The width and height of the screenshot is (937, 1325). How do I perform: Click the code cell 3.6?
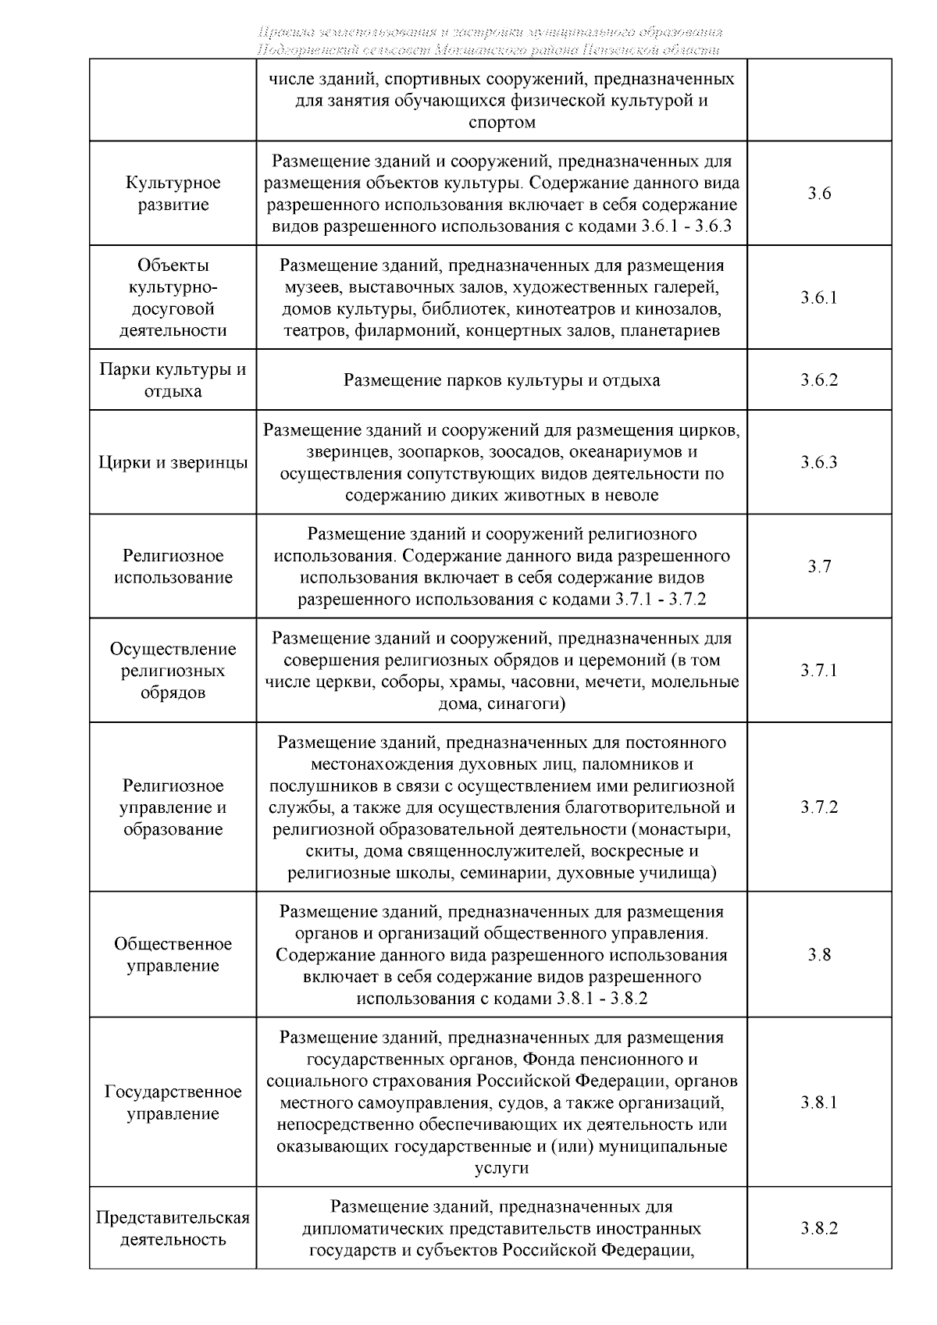tap(818, 194)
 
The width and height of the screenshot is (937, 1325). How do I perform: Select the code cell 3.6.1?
tap(818, 297)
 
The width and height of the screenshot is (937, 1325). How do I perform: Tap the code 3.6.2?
tap(818, 380)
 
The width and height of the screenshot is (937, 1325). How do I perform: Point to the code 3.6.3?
tap(818, 462)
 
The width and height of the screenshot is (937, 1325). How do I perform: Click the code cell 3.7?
tap(818, 567)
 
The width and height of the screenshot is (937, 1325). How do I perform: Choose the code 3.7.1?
tap(818, 671)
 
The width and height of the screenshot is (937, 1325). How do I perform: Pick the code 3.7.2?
tap(818, 807)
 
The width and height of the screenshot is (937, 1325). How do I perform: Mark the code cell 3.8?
tap(818, 955)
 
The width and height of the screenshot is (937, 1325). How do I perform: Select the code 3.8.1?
tap(818, 1102)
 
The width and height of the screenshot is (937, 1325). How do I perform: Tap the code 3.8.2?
tap(818, 1228)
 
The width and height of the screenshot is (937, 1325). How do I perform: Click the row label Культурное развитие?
tap(173, 194)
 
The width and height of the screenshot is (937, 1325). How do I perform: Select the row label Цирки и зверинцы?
tap(173, 462)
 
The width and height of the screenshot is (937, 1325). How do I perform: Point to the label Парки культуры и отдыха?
tap(173, 380)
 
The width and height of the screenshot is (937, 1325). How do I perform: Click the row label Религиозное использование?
tap(173, 567)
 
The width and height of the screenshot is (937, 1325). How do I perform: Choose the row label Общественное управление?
tap(173, 955)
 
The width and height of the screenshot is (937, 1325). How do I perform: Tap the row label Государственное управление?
tap(173, 1102)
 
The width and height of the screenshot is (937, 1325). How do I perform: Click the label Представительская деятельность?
tap(173, 1228)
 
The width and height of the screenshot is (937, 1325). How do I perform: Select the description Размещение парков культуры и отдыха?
tap(501, 381)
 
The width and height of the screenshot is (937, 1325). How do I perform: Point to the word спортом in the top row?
tap(501, 123)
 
